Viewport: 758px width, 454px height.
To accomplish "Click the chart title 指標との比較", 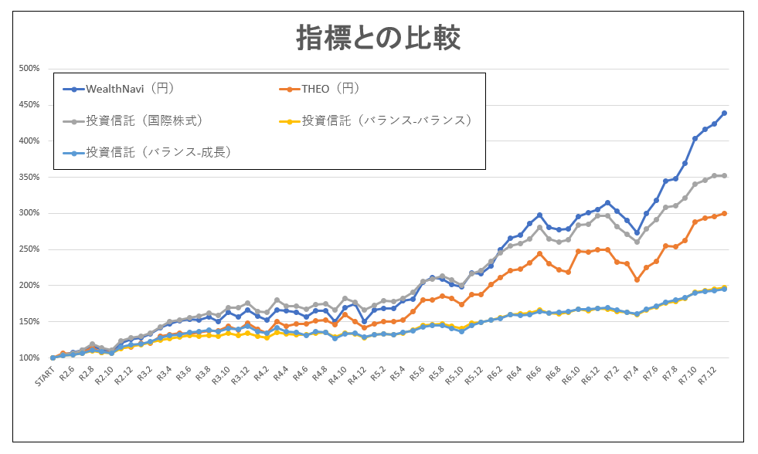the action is click(x=378, y=38).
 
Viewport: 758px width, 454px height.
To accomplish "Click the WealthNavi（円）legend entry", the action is click(x=118, y=89).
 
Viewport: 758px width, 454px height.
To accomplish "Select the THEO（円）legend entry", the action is click(x=319, y=89).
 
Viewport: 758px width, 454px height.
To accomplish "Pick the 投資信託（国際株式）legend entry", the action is click(x=132, y=120).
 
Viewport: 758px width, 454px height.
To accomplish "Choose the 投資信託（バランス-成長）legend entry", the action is click(x=147, y=153).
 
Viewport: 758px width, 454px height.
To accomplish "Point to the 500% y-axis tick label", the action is click(x=29, y=69).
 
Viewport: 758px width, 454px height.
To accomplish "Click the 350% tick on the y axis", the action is click(x=29, y=178).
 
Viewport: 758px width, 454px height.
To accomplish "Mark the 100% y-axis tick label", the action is click(x=29, y=358).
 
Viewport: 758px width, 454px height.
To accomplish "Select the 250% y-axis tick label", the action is click(x=29, y=249).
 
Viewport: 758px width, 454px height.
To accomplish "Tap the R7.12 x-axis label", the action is click(x=707, y=375).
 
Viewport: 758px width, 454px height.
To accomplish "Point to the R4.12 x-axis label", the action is click(x=356, y=375).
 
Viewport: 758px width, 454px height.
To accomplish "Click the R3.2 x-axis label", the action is click(x=144, y=374).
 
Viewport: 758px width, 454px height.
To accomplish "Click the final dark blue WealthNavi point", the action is click(x=724, y=113).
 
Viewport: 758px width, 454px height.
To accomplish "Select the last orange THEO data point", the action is click(x=724, y=213).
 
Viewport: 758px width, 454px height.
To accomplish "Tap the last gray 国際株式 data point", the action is click(x=724, y=176).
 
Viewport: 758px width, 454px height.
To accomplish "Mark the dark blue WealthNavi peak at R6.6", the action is click(x=539, y=215).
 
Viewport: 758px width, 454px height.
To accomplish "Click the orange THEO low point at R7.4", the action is click(x=637, y=280).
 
